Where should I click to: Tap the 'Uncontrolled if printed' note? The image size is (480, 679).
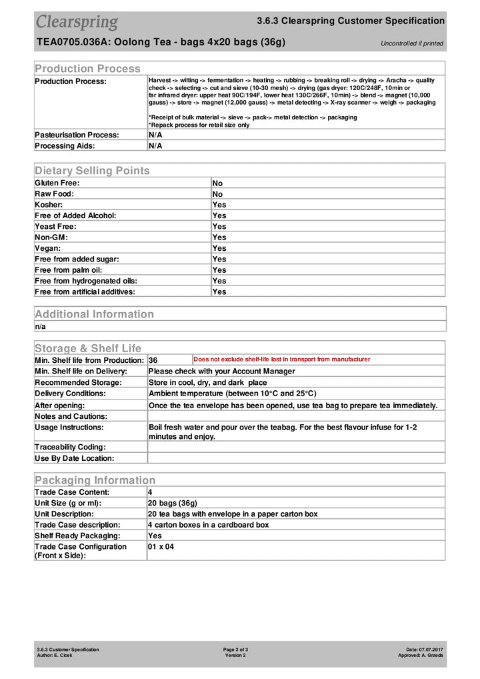411,44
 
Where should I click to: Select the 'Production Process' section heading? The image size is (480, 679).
87,69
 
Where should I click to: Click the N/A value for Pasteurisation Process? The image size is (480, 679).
155,135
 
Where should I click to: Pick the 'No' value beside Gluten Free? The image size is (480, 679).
217,183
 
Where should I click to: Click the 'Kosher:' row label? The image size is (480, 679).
49,205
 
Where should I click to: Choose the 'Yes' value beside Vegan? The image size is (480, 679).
219,248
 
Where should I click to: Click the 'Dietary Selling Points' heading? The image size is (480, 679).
92,171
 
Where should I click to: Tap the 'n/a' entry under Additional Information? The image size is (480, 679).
41,327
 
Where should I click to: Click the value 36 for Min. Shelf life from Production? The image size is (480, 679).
153,360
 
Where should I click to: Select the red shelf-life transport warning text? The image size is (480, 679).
281,360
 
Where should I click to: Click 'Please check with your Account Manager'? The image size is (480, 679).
221,372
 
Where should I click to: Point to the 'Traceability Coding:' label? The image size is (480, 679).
70,447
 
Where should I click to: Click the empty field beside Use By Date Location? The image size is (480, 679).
295,458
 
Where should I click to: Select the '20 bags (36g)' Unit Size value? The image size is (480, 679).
173,503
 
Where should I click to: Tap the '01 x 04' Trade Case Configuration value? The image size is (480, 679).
161,547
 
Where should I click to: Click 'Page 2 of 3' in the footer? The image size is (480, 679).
236,650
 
